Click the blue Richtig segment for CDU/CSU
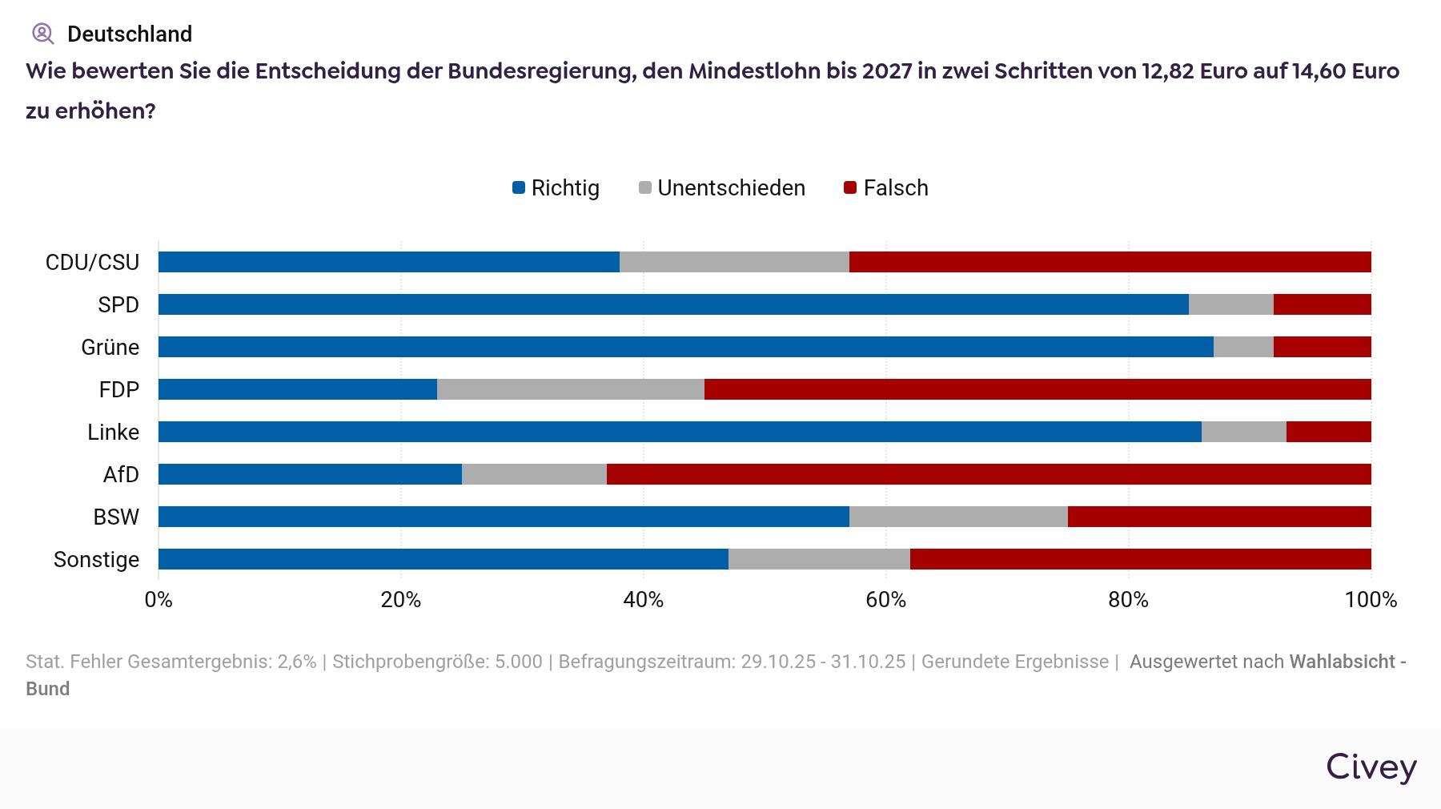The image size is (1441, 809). click(388, 262)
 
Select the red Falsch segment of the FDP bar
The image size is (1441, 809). click(1038, 389)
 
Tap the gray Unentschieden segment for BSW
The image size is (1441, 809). click(958, 517)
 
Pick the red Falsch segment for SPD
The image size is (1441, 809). click(1322, 304)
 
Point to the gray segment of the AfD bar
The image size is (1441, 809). click(534, 474)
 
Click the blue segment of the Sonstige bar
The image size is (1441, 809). click(443, 559)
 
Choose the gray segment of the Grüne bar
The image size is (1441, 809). click(1243, 347)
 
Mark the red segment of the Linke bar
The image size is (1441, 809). click(1328, 432)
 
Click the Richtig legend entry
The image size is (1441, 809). click(556, 188)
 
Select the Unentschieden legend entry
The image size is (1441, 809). click(722, 188)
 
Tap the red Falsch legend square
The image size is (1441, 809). click(851, 188)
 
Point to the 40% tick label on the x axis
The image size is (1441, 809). click(643, 600)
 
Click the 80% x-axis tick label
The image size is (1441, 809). click(1128, 600)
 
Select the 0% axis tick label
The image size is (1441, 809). click(159, 600)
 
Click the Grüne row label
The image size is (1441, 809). click(110, 347)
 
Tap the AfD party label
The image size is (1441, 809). click(121, 474)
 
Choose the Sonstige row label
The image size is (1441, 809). click(96, 559)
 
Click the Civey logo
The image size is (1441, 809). click(1371, 767)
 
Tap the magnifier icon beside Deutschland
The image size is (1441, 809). click(42, 34)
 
